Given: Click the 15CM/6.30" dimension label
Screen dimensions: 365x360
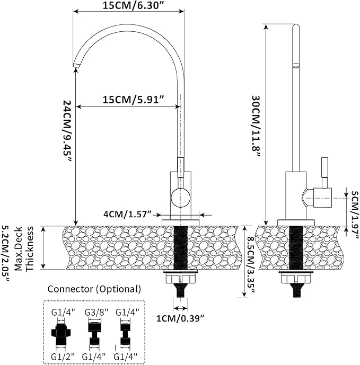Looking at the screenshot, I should (128, 6).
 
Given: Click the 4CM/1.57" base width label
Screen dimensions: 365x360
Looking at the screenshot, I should (127, 214).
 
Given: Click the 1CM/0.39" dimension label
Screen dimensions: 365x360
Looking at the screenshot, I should (180, 318).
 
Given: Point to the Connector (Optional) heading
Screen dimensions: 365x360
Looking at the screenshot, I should (94, 289).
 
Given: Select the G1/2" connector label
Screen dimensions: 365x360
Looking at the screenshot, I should (62, 356).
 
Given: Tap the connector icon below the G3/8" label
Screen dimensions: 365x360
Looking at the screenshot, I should (95, 333).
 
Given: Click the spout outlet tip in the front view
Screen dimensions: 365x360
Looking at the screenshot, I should (76, 64).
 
